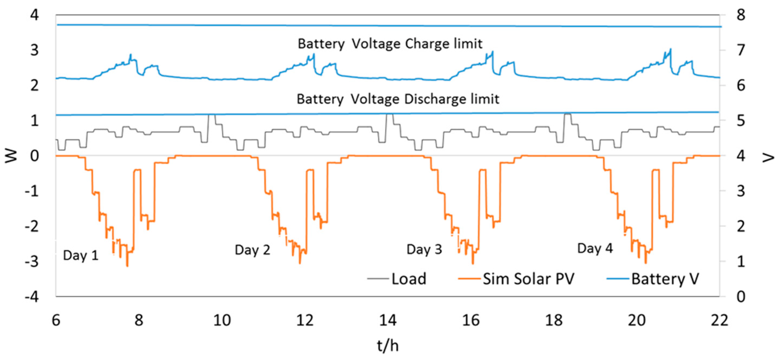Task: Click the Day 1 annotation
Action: tap(81, 256)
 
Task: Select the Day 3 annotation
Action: tap(424, 249)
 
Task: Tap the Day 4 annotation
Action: tap(595, 248)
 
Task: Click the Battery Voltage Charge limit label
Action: tap(390, 44)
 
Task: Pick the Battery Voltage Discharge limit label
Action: tap(397, 99)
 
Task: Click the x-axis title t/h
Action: tap(388, 345)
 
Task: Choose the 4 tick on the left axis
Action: tap(34, 15)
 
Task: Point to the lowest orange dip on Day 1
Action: tap(127, 266)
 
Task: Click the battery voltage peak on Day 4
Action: tap(671, 49)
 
